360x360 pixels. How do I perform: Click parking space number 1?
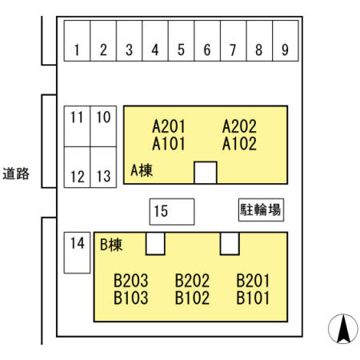tap(77, 41)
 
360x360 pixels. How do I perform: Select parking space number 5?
tap(182, 41)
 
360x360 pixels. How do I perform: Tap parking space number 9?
tap(286, 41)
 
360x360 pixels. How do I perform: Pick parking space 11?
tap(77, 126)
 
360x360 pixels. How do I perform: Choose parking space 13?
tap(103, 167)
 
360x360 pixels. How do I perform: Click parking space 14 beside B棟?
tap(77, 253)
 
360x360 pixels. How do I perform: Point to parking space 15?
tap(172, 212)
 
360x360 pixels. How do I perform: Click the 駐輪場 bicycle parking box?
tap(261, 210)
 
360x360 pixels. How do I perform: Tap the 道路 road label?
tap(16, 174)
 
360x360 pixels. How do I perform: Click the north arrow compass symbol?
tap(343, 329)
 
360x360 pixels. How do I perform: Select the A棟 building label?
tap(142, 170)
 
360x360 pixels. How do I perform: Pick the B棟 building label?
tap(111, 244)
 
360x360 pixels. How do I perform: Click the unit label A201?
tap(169, 126)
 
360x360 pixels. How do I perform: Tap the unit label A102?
tap(239, 144)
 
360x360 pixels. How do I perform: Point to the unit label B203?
tap(130, 281)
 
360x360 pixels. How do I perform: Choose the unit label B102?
tap(192, 298)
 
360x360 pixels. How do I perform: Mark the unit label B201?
tap(253, 281)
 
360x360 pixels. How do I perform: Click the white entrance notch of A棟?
tap(206, 173)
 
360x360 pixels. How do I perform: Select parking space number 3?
tap(130, 41)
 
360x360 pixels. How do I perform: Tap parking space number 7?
tap(234, 41)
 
